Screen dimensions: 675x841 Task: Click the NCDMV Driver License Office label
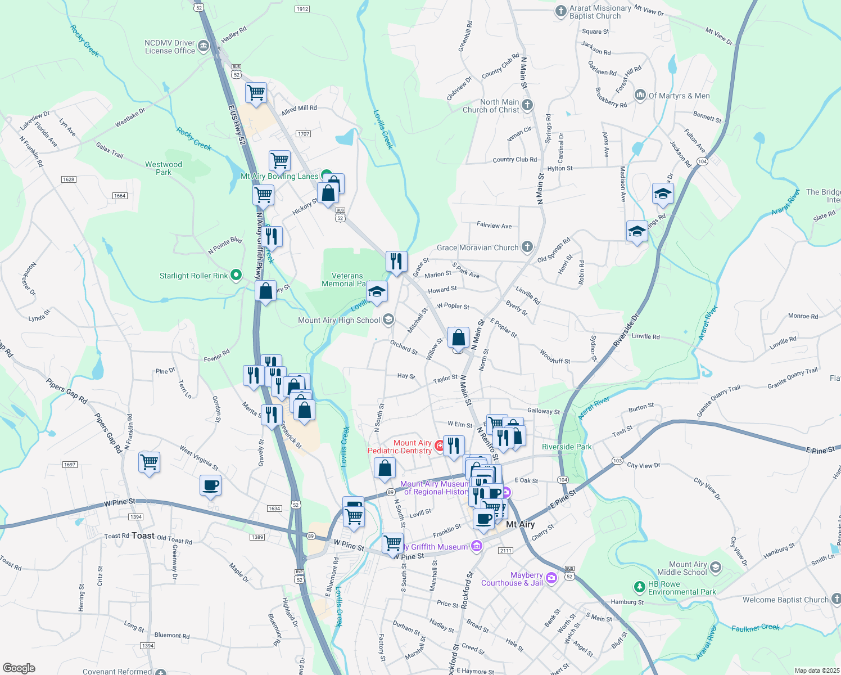pos(170,47)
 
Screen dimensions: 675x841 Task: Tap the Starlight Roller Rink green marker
pos(236,275)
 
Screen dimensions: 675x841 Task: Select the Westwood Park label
pos(164,168)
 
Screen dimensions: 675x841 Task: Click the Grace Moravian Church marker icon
pos(527,246)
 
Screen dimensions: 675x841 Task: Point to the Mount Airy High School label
pos(339,320)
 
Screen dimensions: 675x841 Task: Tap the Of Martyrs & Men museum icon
pos(640,95)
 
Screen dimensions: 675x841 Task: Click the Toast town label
pos(143,535)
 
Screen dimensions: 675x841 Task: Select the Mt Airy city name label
pos(520,524)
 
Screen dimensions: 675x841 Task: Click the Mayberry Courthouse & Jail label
pos(512,579)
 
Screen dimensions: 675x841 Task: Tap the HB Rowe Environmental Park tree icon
pos(639,587)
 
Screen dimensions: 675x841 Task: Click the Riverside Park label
pos(567,447)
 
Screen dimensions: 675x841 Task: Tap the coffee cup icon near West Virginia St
pos(210,485)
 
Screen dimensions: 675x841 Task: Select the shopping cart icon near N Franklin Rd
pos(149,462)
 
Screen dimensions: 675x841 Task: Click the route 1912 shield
pos(302,9)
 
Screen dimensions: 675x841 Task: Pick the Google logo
pos(19,668)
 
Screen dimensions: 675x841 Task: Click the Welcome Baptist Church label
pos(785,600)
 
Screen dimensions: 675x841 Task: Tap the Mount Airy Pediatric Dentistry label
pos(400,447)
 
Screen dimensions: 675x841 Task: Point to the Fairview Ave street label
pos(494,225)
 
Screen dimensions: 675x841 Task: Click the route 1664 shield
pos(120,196)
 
